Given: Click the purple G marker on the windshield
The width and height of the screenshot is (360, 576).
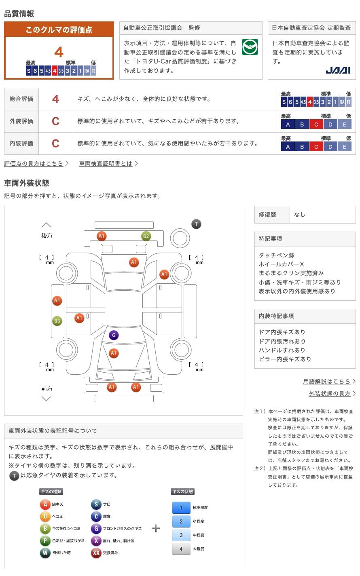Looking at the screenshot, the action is pyautogui.click(x=114, y=335).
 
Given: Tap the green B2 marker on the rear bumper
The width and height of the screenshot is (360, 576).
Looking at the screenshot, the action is pyautogui.click(x=146, y=236).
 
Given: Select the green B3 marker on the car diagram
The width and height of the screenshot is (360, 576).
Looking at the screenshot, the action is pyautogui.click(x=57, y=321).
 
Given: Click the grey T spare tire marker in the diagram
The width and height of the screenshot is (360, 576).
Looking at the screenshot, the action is pyautogui.click(x=196, y=224).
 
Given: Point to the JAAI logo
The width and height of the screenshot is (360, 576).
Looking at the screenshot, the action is pyautogui.click(x=338, y=70).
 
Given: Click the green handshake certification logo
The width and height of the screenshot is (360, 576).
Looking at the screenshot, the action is pyautogui.click(x=250, y=47).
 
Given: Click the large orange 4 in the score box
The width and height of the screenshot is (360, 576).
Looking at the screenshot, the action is pyautogui.click(x=59, y=52).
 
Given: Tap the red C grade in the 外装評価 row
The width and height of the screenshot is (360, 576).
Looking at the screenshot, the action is pyautogui.click(x=55, y=121).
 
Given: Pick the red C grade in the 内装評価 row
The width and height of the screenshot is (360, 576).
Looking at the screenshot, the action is pyautogui.click(x=55, y=143).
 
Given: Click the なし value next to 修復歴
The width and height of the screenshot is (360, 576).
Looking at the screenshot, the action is pyautogui.click(x=300, y=215).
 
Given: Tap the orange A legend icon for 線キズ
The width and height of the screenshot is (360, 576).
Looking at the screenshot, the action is pyautogui.click(x=45, y=504).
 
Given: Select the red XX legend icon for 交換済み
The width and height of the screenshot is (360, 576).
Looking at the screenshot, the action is pyautogui.click(x=96, y=553).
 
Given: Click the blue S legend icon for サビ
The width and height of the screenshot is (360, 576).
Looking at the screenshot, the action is pyautogui.click(x=96, y=504).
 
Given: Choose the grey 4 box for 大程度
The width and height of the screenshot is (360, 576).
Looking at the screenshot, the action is pyautogui.click(x=181, y=549).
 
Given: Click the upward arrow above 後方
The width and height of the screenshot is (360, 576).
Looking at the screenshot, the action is pyautogui.click(x=47, y=225).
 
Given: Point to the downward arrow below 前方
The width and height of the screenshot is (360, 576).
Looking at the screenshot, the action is pyautogui.click(x=47, y=399).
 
